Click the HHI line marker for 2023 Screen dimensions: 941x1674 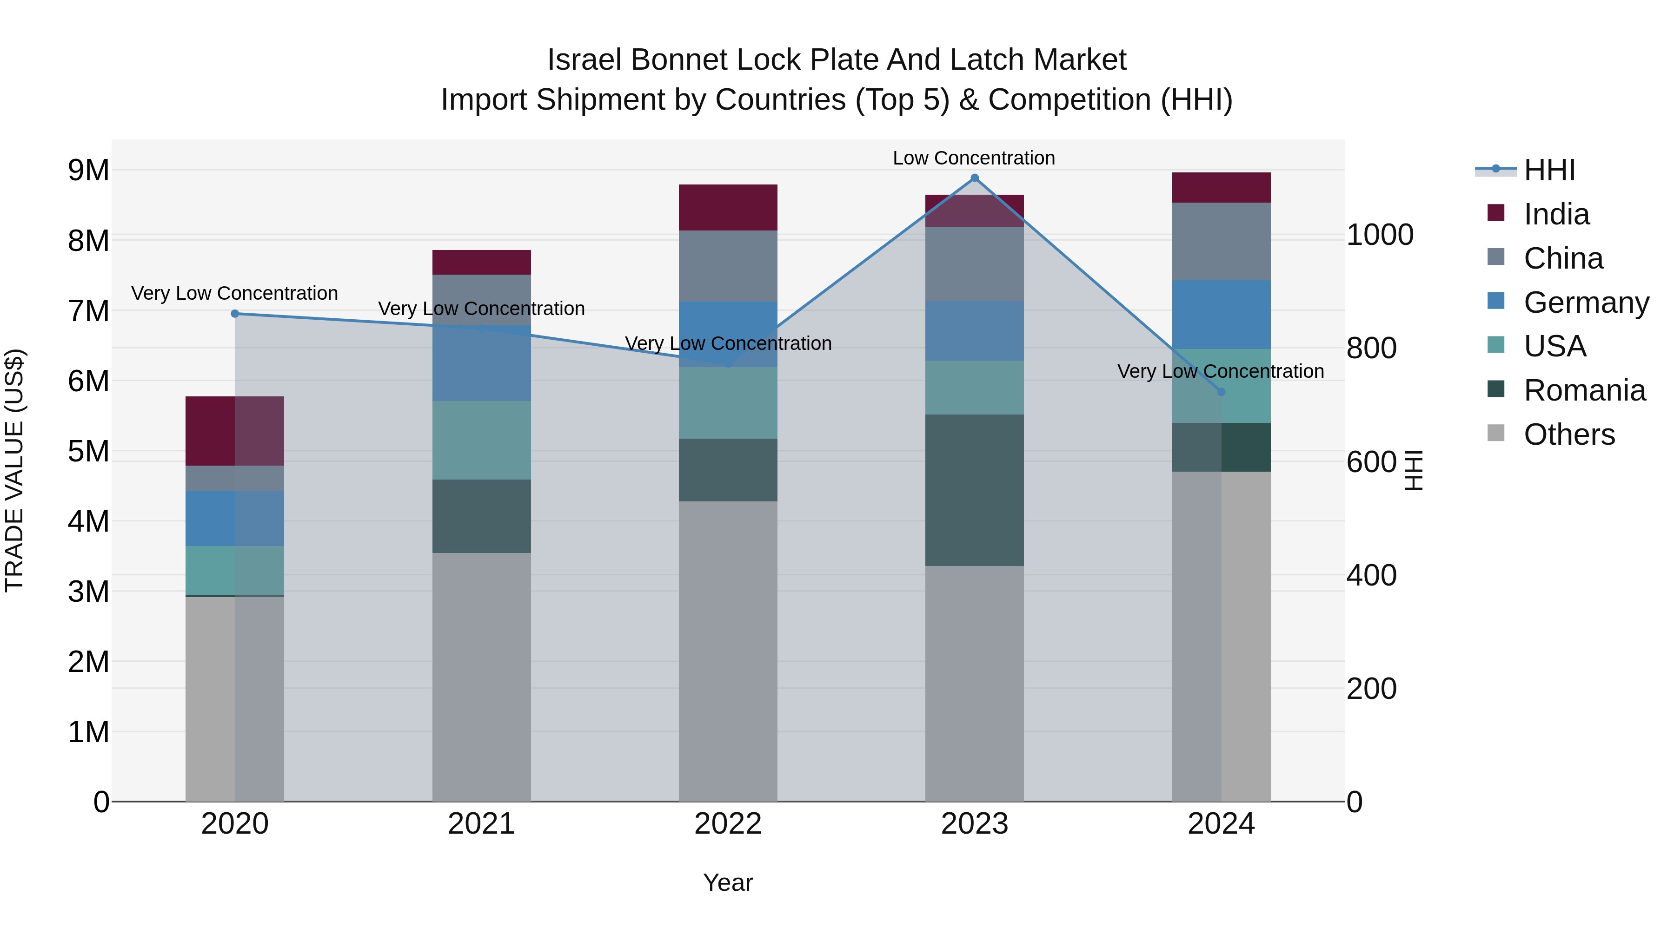[974, 178]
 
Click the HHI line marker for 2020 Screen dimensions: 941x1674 [235, 314]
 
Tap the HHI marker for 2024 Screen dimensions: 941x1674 [1221, 392]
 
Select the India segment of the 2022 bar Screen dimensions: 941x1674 [728, 208]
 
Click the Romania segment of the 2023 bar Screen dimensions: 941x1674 [974, 490]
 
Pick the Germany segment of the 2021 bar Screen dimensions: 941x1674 [482, 364]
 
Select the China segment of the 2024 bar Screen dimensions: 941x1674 [1221, 242]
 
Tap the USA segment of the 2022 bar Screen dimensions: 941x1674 [728, 402]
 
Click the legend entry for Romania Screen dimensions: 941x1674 [1584, 390]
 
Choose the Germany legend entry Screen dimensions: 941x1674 [1586, 303]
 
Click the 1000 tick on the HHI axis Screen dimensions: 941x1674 [1380, 235]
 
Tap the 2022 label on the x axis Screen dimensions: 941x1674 [728, 824]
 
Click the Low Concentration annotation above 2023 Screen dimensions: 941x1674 [973, 158]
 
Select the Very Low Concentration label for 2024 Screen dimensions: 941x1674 [1221, 371]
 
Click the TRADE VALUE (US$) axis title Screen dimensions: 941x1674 [14, 470]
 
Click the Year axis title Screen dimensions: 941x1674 [728, 882]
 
